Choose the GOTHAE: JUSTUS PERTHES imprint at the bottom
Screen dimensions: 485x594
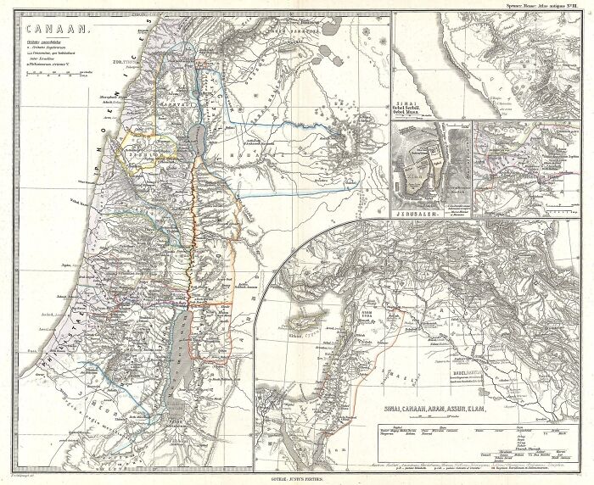tap(296, 480)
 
